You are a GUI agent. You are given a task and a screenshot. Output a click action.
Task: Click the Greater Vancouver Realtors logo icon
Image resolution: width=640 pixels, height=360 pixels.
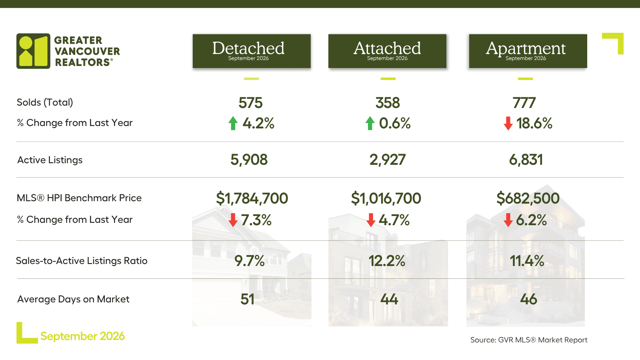pos(33,51)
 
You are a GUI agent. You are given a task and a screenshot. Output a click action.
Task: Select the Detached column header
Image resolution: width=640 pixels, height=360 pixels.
pos(252,51)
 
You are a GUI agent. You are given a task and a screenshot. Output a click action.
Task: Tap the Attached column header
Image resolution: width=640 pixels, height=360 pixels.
pos(387,51)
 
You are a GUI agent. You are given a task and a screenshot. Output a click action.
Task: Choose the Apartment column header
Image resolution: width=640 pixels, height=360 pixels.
pos(528,51)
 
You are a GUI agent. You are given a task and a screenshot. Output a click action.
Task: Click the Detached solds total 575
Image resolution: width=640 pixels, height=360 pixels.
pos(250,103)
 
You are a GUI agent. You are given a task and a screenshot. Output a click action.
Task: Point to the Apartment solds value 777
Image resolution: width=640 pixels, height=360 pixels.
pos(524,103)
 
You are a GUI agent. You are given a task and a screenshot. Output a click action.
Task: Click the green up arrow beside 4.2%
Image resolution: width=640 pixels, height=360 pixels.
pos(233,124)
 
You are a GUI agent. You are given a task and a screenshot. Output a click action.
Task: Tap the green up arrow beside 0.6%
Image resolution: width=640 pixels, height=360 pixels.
pos(370,124)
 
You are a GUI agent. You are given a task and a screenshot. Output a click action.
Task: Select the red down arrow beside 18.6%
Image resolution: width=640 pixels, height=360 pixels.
pos(508,124)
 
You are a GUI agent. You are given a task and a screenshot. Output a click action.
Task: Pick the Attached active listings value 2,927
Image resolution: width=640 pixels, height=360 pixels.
pos(388,160)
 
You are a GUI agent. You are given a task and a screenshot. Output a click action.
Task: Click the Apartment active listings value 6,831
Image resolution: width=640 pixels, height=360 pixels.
pos(526,160)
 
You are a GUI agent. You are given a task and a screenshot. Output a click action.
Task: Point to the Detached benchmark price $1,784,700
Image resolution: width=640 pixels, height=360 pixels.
pos(252,198)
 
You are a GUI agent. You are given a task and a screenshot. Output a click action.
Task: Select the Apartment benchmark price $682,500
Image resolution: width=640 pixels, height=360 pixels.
pos(528,198)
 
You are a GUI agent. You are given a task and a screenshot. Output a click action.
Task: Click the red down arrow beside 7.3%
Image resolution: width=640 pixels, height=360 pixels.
pos(233,220)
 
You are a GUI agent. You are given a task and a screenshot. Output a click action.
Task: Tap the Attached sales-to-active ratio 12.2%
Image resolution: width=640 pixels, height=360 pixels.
pos(387,261)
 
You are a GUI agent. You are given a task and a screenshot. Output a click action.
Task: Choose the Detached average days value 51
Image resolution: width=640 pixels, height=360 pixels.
pos(247,300)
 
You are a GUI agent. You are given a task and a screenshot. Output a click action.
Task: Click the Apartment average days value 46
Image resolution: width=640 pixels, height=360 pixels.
pos(528,300)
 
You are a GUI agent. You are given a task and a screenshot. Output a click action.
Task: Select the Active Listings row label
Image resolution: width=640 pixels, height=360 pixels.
pos(50,160)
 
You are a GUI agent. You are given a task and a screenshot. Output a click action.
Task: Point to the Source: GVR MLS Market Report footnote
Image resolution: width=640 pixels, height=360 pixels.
pos(529,340)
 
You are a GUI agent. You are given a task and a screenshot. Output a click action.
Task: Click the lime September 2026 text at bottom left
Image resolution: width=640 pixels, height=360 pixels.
pos(82,336)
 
